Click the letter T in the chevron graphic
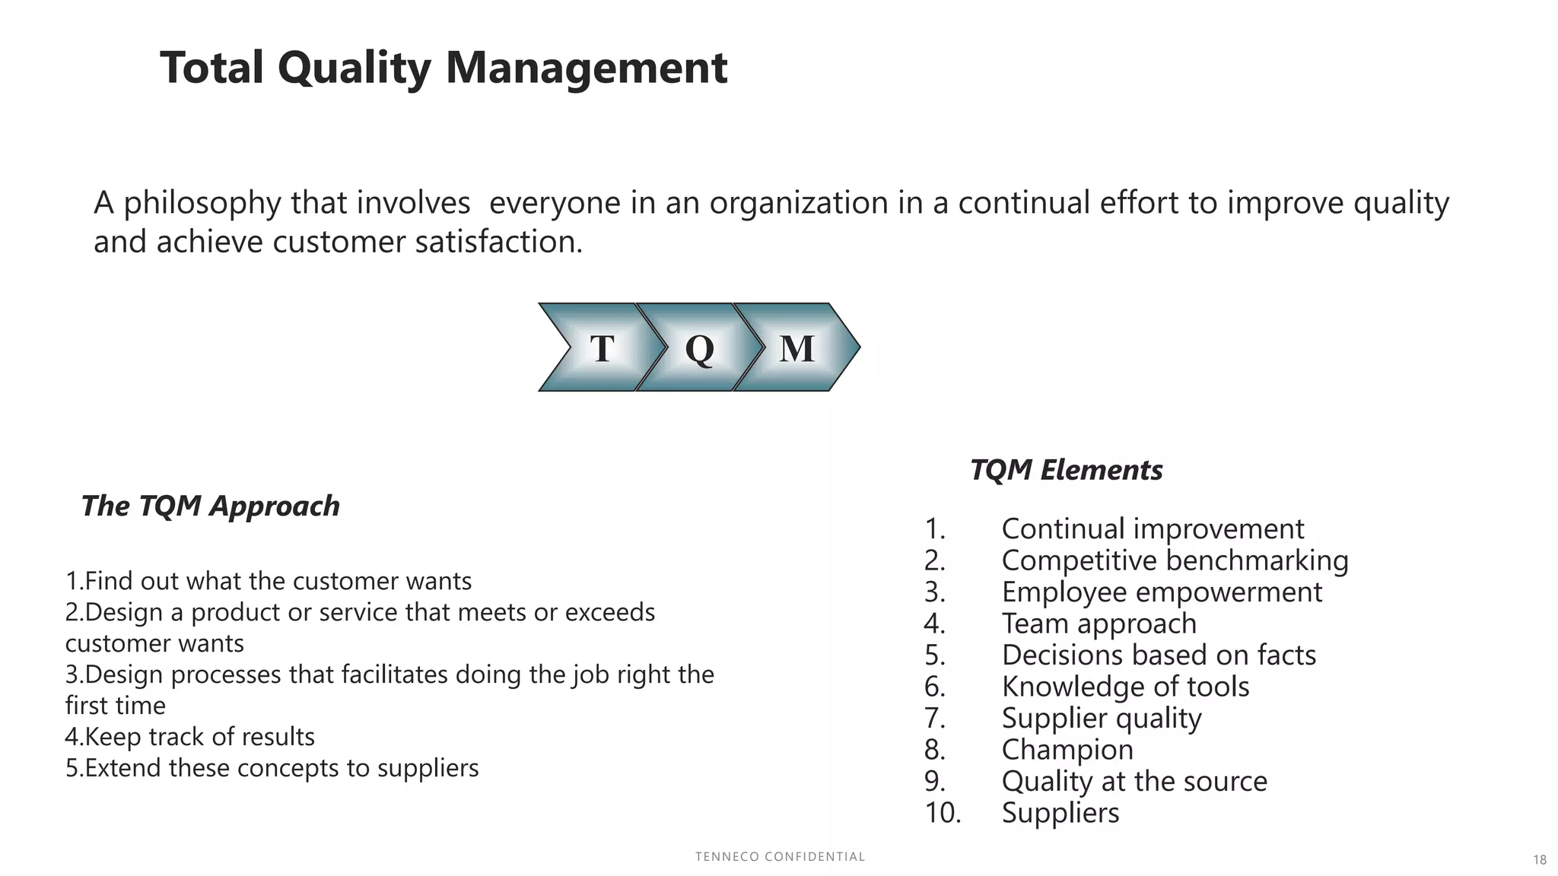602,348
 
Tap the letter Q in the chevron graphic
699,348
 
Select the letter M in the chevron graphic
796,348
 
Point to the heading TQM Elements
1066,470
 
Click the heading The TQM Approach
211,506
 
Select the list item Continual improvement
1153,528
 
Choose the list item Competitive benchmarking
1175,560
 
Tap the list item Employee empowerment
1162,592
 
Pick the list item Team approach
1099,624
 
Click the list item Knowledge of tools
1125,687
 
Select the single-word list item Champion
1067,750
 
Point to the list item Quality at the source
1134,781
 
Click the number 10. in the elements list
943,813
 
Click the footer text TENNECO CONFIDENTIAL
780,857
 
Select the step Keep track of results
190,737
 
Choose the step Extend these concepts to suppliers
272,768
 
